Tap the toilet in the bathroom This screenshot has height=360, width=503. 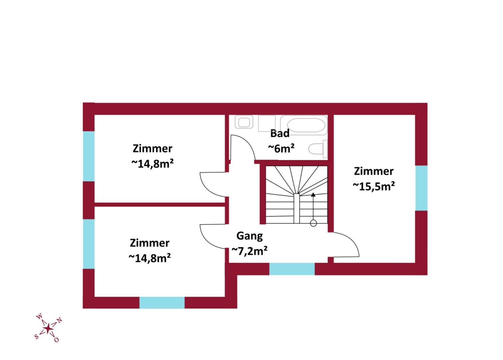coord(318,148)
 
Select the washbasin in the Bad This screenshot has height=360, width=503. coord(244,122)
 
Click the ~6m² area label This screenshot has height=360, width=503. coord(281,148)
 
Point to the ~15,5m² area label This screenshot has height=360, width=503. coord(374,186)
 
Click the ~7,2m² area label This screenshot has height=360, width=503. coord(249,251)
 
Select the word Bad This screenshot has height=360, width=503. coord(280,133)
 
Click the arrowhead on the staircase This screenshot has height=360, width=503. coord(313,194)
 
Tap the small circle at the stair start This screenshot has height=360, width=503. coord(313,223)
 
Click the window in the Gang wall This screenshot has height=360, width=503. coord(292,269)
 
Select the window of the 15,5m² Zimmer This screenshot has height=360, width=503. coord(421,188)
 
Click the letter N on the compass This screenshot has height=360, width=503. coord(59,320)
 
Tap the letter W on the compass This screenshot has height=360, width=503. coord(39,317)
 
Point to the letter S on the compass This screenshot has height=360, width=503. coord(36,336)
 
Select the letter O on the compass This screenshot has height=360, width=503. coord(56,340)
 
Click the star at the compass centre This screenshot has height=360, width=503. coord(48,329)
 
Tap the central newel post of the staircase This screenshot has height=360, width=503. coord(297,208)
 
